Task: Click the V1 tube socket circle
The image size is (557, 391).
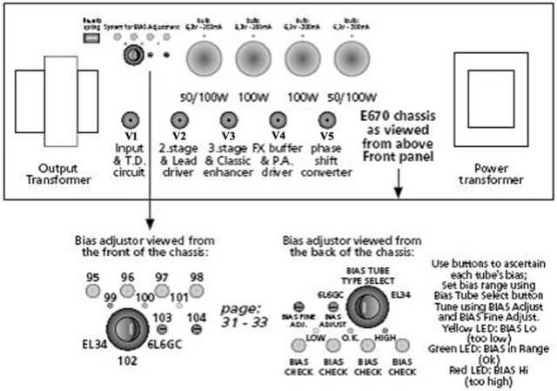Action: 130,119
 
